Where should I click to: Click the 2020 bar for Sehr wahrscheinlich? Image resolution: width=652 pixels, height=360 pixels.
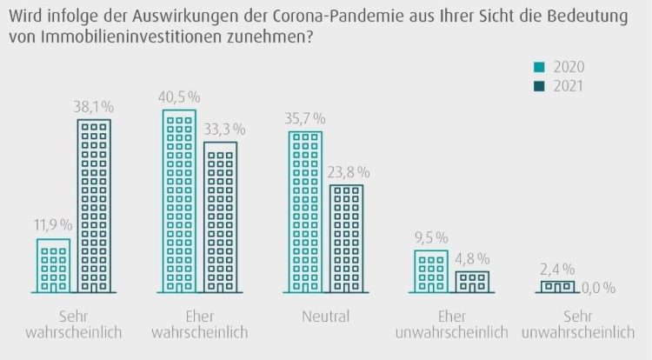54,265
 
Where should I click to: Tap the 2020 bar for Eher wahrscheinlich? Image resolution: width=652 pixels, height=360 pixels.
179,201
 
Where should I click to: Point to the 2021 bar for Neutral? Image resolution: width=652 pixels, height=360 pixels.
346,238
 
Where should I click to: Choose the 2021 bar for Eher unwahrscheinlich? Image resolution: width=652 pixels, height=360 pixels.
472,282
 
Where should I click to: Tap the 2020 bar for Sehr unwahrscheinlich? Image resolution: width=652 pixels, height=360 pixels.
557,286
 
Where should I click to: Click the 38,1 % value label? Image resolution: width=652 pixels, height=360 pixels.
94,108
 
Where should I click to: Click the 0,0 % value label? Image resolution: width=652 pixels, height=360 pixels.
597,287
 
